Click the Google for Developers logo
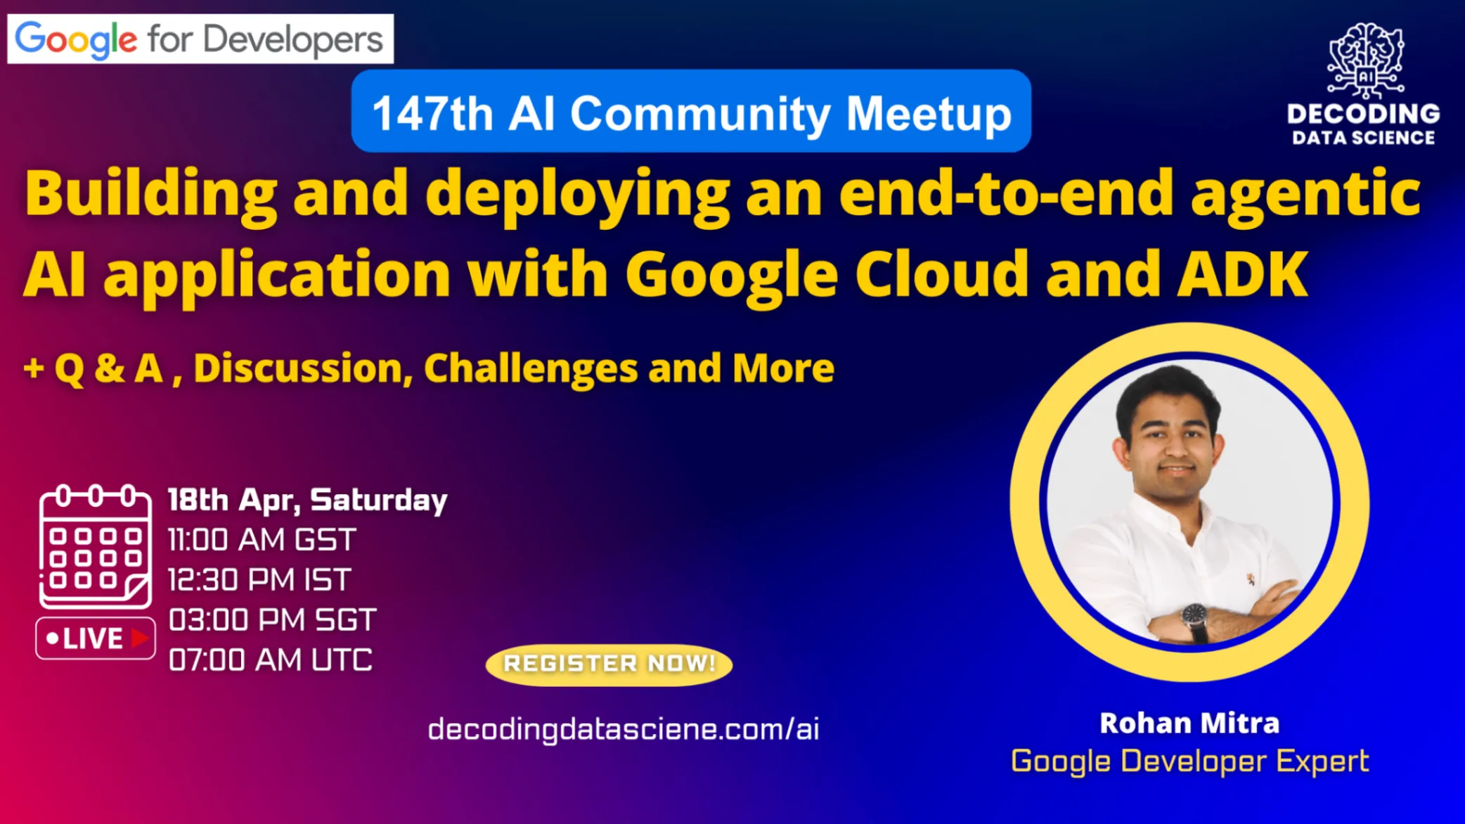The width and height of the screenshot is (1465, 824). tap(200, 39)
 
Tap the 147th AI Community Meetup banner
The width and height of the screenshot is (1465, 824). tap(691, 111)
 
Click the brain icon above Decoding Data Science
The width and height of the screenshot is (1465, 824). tap(1365, 60)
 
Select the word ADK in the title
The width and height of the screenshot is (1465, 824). tap(1243, 274)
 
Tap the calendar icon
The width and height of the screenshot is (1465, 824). tap(95, 546)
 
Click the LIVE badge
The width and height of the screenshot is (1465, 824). tap(96, 638)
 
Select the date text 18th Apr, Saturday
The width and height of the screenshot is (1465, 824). tap(307, 501)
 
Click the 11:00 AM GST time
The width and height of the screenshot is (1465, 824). tap(262, 540)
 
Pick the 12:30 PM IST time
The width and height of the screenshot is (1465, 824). tap(259, 580)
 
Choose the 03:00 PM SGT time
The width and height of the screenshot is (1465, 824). tap(272, 620)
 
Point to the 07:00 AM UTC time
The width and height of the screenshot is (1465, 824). tap(270, 660)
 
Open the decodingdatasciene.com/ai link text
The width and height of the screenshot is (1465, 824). tap(624, 729)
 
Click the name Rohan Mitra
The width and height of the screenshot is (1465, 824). tap(1189, 723)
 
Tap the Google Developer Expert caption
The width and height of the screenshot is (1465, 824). tap(1189, 761)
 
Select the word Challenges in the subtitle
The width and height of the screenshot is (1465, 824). tap(530, 368)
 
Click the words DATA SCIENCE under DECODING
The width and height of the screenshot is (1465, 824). tap(1364, 138)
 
